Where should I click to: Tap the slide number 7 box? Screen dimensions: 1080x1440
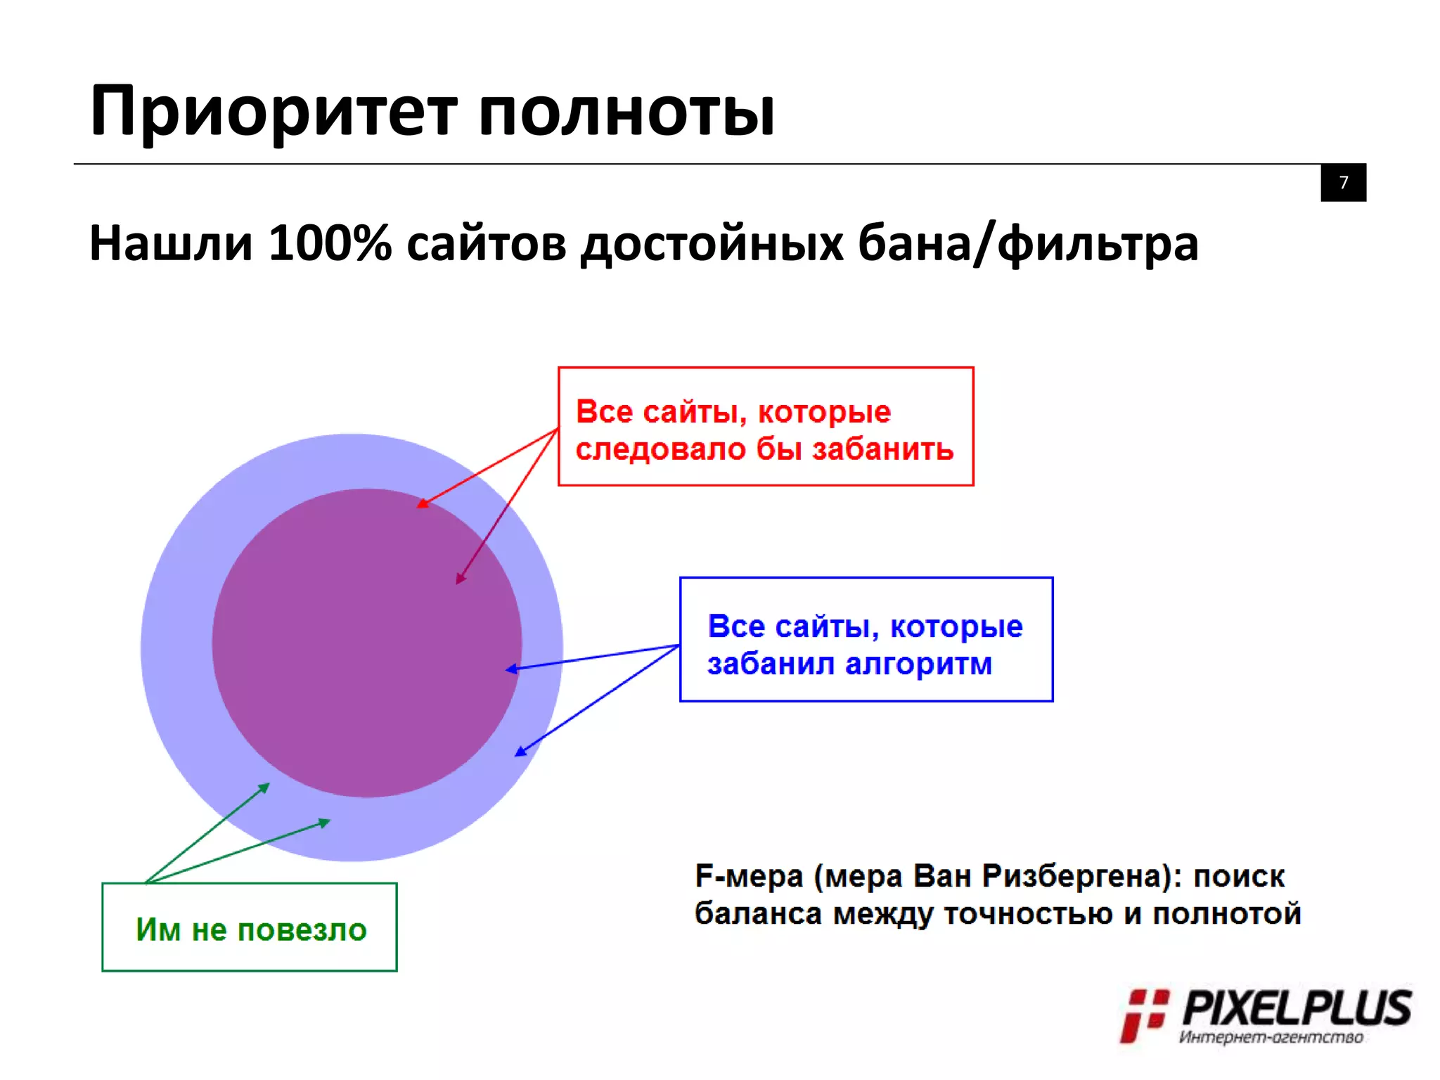coord(1343,183)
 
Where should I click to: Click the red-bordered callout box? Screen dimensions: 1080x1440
coord(766,426)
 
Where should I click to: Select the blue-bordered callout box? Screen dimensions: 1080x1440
coord(866,639)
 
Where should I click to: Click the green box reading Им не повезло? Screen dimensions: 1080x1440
coord(250,927)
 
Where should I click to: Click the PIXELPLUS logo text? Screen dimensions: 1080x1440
coord(1297,1008)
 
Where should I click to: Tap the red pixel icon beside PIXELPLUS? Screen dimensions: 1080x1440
coord(1143,1015)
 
